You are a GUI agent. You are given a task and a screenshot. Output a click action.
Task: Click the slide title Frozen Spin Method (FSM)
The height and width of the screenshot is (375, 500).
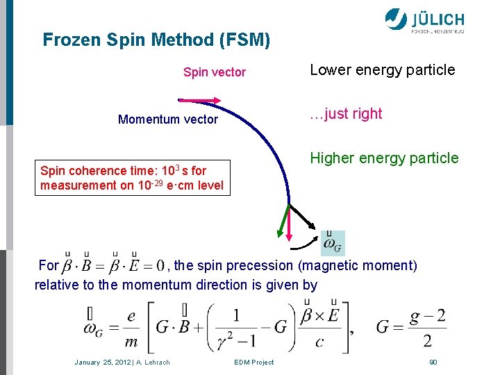156,40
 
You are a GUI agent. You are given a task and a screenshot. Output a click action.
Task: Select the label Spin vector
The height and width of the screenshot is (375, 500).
214,72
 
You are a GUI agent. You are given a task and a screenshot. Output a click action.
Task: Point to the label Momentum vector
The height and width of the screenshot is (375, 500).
167,119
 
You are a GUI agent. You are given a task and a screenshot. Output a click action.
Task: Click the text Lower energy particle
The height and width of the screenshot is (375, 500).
382,69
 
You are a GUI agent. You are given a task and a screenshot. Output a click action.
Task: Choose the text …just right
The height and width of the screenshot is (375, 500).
346,114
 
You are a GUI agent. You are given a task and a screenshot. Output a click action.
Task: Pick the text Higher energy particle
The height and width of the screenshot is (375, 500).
384,158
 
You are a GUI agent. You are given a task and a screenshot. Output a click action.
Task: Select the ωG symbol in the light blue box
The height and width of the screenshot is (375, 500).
333,243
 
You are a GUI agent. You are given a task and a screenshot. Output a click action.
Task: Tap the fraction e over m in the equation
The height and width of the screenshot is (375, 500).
131,328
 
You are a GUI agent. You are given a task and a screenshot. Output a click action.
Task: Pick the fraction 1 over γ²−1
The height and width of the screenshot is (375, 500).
237,328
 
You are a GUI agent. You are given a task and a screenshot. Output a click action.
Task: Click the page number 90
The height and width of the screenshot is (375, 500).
433,362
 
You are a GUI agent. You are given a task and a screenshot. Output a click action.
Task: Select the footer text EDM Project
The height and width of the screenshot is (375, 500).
253,362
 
